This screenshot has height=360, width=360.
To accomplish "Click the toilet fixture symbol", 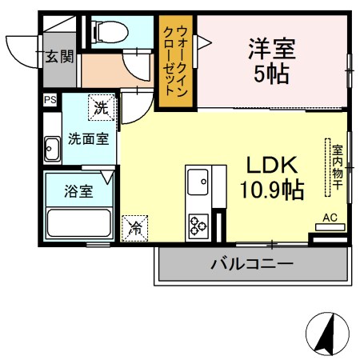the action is click(x=110, y=32).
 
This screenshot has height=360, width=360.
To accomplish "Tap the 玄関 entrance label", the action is click(x=59, y=57).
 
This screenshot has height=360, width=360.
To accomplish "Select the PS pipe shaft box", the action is click(x=50, y=100).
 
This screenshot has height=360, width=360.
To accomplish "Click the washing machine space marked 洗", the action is click(x=102, y=107).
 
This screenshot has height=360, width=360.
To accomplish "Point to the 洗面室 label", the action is click(x=89, y=139).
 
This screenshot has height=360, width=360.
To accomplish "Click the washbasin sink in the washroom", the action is click(x=52, y=150).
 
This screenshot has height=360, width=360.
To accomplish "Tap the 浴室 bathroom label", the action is click(x=78, y=191).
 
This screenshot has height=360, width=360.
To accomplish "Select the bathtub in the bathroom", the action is click(x=79, y=223).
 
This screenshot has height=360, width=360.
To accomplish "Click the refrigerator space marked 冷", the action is click(x=134, y=228).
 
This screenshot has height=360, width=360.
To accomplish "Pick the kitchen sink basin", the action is click(x=198, y=182).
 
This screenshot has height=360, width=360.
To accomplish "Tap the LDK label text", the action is click(x=272, y=166).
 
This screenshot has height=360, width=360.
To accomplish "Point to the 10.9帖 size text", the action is click(x=272, y=190).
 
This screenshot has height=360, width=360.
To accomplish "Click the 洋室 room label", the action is click(x=272, y=49).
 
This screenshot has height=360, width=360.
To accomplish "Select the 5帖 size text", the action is click(x=272, y=74).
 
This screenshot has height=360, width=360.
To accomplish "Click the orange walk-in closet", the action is click(x=176, y=62).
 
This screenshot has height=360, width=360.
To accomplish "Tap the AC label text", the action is click(x=330, y=218).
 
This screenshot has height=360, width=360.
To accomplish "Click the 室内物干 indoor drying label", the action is click(x=338, y=167).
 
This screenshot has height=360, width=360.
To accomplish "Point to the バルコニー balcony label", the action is click(x=252, y=264).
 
